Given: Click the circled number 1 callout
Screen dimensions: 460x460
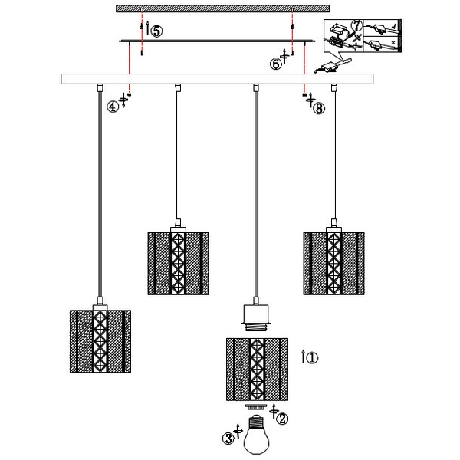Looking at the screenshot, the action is click(x=312, y=357).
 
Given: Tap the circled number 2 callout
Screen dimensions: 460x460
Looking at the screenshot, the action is click(x=282, y=419).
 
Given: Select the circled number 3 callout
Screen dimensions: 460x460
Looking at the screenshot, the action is click(x=228, y=439).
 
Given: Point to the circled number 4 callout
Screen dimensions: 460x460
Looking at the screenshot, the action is click(x=113, y=107).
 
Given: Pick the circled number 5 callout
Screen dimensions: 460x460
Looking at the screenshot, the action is click(x=157, y=31).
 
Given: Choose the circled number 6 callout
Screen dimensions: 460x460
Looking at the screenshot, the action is click(x=276, y=64).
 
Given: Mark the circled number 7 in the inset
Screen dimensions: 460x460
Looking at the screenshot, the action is click(x=357, y=25).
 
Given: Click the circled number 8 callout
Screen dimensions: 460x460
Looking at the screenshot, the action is click(x=319, y=108).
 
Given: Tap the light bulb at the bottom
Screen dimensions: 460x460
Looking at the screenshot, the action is click(x=257, y=434).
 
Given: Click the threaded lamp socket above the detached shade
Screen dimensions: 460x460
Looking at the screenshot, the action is click(x=256, y=317).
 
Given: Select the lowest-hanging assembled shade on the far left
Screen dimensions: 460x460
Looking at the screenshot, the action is click(x=100, y=341).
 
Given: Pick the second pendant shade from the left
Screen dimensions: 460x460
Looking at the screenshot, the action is click(x=178, y=264).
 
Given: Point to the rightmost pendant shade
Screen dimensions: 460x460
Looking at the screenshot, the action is click(x=333, y=264).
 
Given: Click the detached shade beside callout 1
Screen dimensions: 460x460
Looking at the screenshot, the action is click(x=257, y=370).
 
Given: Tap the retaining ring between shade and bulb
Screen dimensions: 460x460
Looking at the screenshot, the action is click(x=257, y=406).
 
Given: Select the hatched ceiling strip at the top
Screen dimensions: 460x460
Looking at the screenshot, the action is click(x=222, y=8).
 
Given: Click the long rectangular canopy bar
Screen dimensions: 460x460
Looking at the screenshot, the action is click(x=217, y=79).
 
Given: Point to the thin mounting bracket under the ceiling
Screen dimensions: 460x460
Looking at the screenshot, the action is click(x=217, y=41).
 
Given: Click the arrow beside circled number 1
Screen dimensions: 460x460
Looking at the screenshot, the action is click(x=304, y=356).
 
